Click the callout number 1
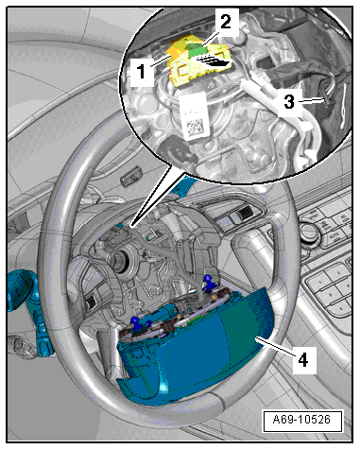(x=142, y=71)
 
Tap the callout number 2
(x=225, y=23)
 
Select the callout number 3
(x=289, y=102)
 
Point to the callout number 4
(x=303, y=360)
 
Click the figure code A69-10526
(x=301, y=420)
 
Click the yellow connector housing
(x=196, y=61)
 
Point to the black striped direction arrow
(x=214, y=60)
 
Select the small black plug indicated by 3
(x=327, y=100)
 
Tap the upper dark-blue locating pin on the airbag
(x=208, y=283)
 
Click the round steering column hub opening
(x=120, y=261)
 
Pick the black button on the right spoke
(x=244, y=214)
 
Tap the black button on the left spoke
(x=92, y=302)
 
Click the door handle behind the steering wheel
(x=130, y=177)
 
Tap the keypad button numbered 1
(x=318, y=282)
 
